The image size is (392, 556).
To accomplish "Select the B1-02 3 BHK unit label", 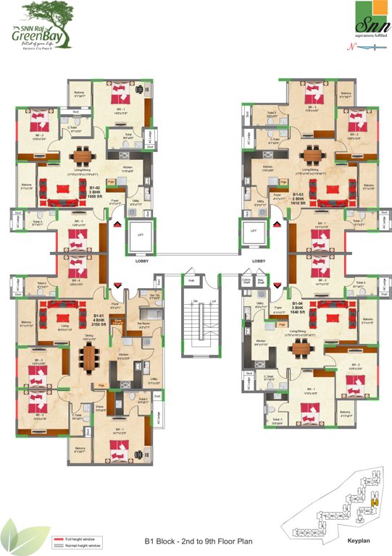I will [98, 195].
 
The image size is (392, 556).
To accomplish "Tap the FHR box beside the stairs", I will [191, 280].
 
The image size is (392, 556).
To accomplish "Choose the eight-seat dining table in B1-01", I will [90, 355].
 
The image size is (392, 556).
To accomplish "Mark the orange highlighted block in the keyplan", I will [374, 502].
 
